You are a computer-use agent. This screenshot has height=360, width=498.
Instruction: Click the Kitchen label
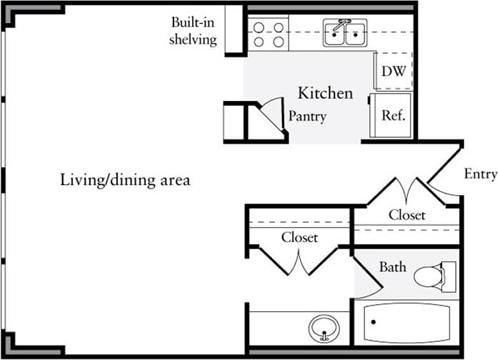325,93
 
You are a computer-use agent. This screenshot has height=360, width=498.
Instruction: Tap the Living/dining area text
124,181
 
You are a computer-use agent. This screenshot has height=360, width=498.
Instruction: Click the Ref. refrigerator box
392,115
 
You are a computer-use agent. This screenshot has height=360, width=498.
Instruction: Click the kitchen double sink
343,35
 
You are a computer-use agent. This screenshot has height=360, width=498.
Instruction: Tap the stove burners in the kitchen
267,35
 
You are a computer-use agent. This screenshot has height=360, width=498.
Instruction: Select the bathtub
405,323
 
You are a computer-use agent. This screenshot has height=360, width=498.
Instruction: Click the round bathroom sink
322,326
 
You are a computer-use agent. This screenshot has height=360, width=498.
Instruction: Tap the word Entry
481,174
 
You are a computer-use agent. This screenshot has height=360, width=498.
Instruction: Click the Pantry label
308,117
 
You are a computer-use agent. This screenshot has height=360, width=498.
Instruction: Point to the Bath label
392,268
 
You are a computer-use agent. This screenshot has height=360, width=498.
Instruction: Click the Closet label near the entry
407,215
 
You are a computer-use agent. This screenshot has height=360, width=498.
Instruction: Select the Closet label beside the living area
299,238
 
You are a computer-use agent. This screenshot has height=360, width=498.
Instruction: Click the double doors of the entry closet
406,190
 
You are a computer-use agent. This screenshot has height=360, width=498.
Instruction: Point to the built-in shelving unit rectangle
234,30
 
